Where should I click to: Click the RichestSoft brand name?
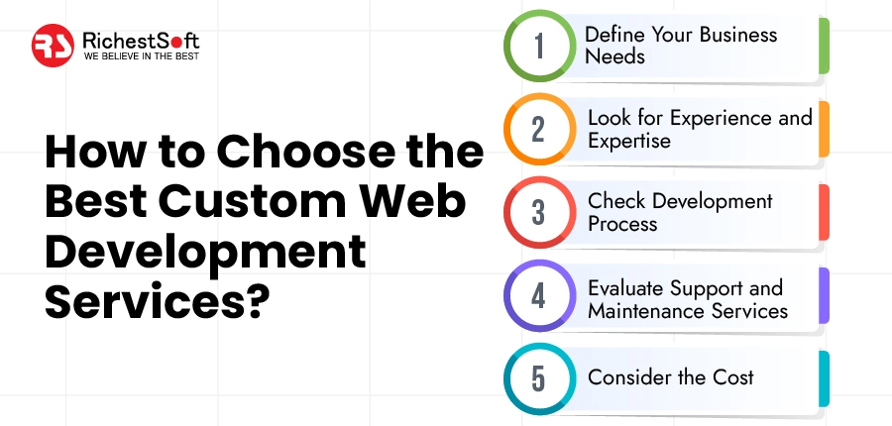coord(142,41)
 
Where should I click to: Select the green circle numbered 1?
coord(538,47)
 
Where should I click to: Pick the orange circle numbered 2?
coord(538,129)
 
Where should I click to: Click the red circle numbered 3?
coord(538,212)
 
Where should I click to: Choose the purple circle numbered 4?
coord(538,295)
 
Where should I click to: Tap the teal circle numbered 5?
coord(538,377)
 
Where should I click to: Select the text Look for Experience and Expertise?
coord(699,129)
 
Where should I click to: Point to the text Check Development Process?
coord(679,212)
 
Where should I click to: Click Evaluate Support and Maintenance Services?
coord(687,299)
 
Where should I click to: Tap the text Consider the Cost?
coord(670,377)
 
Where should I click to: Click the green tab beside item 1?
coord(824,46)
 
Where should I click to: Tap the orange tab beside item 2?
coord(824,129)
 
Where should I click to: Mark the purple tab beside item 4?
coord(824,295)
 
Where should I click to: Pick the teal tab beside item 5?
coord(824,377)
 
